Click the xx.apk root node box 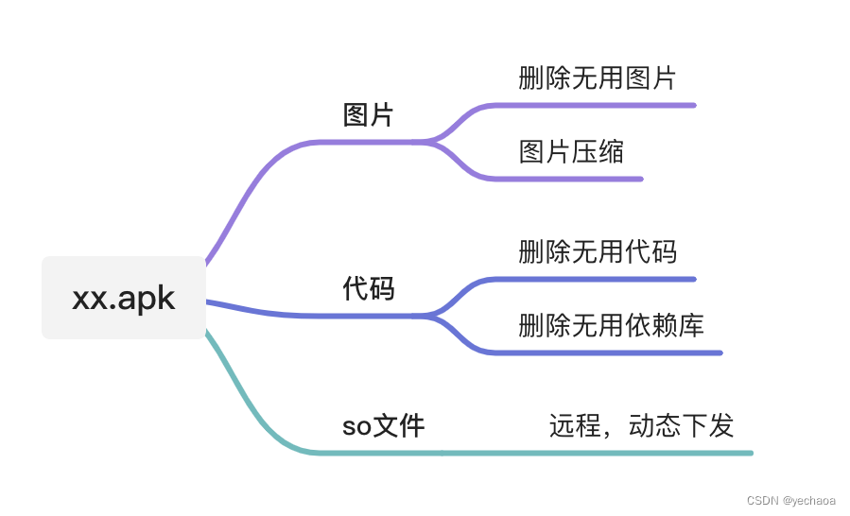click(x=124, y=298)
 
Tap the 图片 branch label click(x=368, y=115)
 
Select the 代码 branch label click(x=368, y=289)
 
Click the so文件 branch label click(x=383, y=426)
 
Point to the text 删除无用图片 click(x=598, y=78)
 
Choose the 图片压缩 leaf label click(x=571, y=151)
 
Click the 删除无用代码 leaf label click(x=598, y=252)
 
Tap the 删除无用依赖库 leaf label click(x=611, y=326)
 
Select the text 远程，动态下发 click(x=641, y=426)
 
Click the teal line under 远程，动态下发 click(x=643, y=453)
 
